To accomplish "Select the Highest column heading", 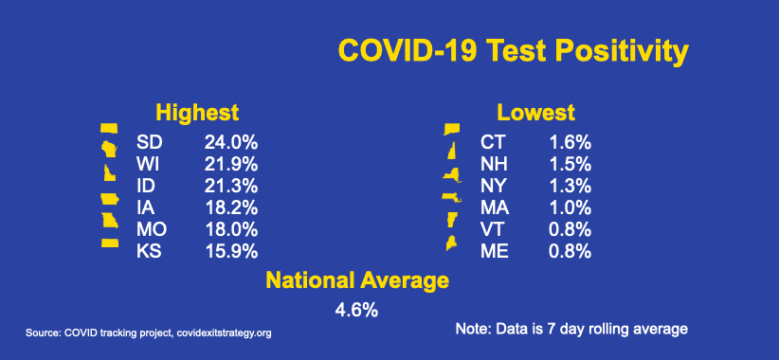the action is pos(197,113).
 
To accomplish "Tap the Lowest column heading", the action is pos(536,113).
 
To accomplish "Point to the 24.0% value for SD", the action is pos(231,143).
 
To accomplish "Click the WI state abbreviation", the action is pos(148,164).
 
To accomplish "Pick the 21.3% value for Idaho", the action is pos(231,187).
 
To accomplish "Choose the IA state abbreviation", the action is pos(145,208).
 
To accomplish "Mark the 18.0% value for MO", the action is pos(231,230).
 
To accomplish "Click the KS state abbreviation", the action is pos(149,251).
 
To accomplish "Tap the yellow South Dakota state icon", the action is pos(109,128).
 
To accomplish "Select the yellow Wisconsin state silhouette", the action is pos(109,149).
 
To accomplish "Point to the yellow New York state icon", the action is pos(452,176).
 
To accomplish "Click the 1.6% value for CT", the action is pos(570,143).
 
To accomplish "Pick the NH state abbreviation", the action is pos(494,164).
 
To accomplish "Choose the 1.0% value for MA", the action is pos(570,208).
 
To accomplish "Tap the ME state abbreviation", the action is pos(495,251).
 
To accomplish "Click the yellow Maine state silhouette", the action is pos(452,243).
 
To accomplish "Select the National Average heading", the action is pos(357,280).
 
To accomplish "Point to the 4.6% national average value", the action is pos(356,311).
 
